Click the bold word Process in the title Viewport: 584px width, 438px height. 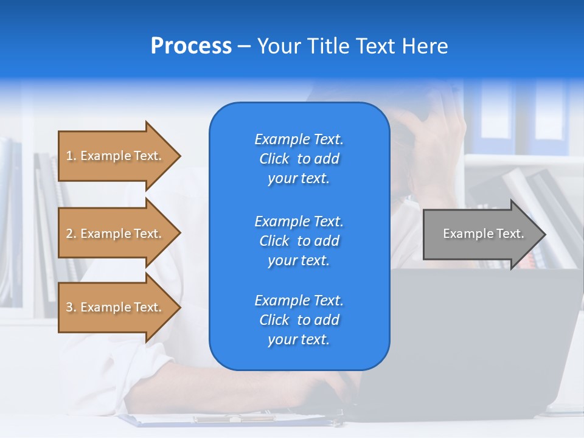point(191,46)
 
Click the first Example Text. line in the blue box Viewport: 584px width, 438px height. point(299,139)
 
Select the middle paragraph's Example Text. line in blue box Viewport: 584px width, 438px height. point(299,221)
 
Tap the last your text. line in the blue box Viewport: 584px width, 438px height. point(299,339)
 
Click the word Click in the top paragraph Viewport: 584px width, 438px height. point(274,159)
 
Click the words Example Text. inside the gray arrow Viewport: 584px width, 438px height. point(483,234)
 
